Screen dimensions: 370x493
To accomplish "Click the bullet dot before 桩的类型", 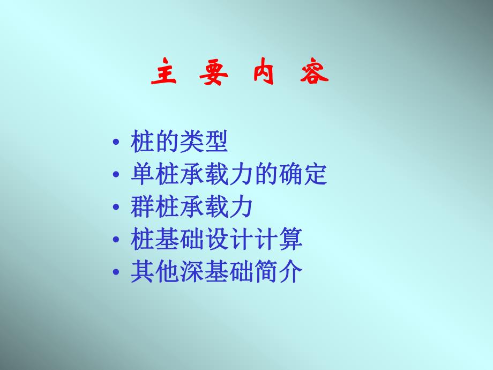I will [x=116, y=143].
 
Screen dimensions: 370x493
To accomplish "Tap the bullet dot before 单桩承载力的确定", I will [x=116, y=175].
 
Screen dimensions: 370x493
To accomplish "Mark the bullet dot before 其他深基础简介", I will [x=116, y=273].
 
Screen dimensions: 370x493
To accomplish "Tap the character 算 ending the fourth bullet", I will [x=290, y=240].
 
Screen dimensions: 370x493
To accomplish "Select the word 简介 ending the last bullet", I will [x=278, y=272].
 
